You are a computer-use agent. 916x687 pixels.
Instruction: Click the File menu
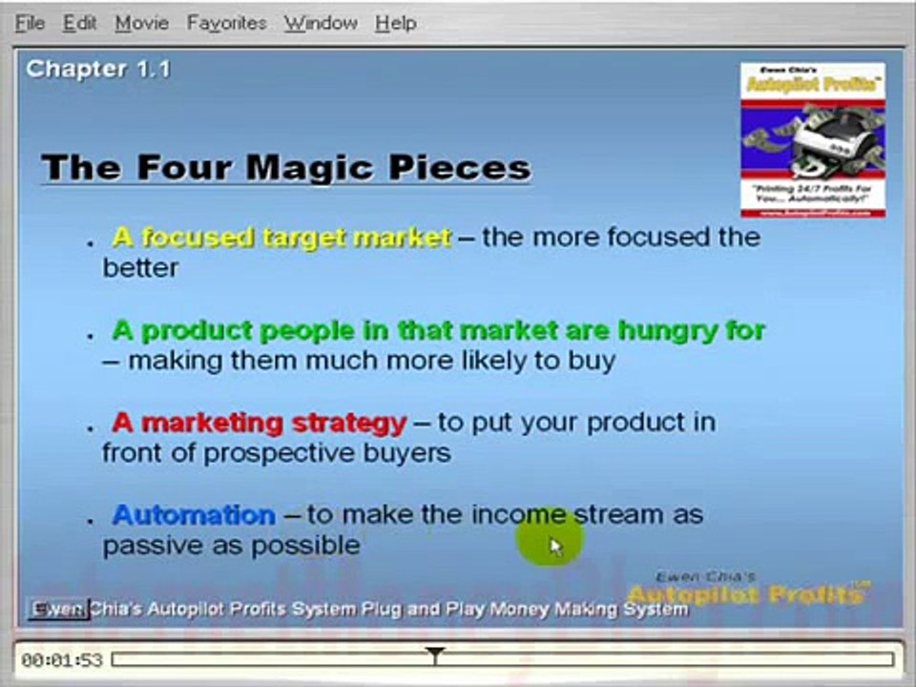point(30,23)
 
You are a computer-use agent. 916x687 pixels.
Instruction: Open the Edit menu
point(80,23)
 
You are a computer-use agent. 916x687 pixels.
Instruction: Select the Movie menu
point(142,23)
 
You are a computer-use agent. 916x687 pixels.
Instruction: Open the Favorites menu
point(227,23)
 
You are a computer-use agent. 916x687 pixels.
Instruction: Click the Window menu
point(321,23)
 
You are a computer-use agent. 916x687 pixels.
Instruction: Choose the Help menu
point(395,23)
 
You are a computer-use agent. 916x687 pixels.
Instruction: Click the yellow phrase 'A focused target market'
point(281,237)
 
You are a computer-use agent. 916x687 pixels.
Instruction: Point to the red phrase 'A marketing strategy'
point(260,422)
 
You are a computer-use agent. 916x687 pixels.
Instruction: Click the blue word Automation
point(194,515)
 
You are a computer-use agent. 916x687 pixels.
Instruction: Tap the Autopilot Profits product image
point(813,139)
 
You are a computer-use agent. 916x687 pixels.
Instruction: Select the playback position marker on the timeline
point(435,656)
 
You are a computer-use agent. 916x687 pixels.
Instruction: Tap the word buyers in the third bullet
point(406,452)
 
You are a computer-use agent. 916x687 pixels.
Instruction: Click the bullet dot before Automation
point(91,521)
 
